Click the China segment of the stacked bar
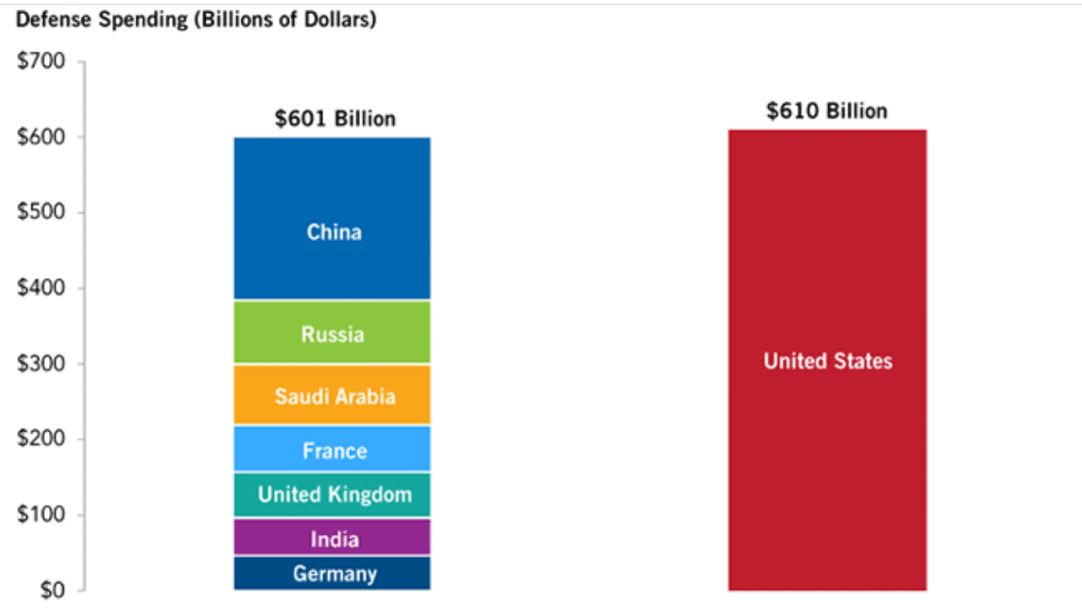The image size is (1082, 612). [333, 219]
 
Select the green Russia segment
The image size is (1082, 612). [333, 333]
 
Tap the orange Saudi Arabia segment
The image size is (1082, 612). [333, 395]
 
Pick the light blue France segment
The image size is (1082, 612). [333, 449]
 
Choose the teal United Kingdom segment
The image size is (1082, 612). [333, 495]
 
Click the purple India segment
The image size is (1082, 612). [333, 538]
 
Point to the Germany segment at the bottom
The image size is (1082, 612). [333, 573]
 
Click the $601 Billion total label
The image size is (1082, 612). [335, 118]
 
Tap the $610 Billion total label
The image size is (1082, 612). [827, 110]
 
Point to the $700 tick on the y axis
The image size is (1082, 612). [41, 62]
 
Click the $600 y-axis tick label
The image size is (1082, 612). [41, 137]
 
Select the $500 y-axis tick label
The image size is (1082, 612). [41, 213]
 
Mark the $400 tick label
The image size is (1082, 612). [41, 288]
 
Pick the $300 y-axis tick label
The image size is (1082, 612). [41, 363]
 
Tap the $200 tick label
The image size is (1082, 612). [41, 439]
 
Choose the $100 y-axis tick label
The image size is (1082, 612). [41, 514]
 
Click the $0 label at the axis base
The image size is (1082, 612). [50, 589]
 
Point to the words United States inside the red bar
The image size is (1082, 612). [828, 361]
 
